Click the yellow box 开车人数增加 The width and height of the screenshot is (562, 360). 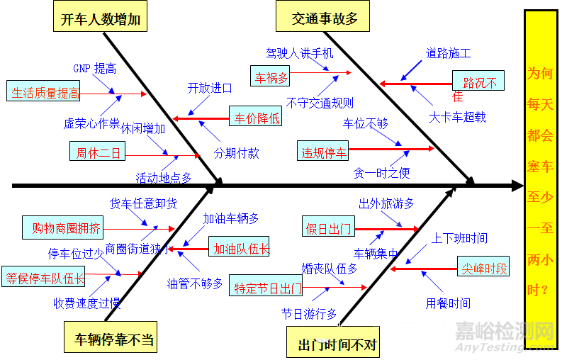pyautogui.click(x=100, y=19)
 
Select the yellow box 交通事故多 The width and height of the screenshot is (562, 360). pyautogui.click(x=325, y=19)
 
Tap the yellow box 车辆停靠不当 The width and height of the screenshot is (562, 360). pyautogui.click(x=113, y=339)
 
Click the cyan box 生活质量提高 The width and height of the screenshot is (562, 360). pyautogui.click(x=45, y=93)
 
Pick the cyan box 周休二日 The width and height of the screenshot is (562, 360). pyautogui.click(x=99, y=152)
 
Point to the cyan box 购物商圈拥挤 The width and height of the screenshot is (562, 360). pyautogui.click(x=67, y=227)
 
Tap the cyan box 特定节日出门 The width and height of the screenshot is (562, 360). pyautogui.click(x=268, y=288)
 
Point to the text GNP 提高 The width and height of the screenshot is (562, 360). pyautogui.click(x=95, y=69)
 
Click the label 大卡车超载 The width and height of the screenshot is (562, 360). pyautogui.click(x=458, y=117)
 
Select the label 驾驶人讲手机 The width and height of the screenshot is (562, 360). pyautogui.click(x=299, y=53)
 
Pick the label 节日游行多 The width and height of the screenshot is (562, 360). pyautogui.click(x=309, y=313)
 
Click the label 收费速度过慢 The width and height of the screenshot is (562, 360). pyautogui.click(x=86, y=303)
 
